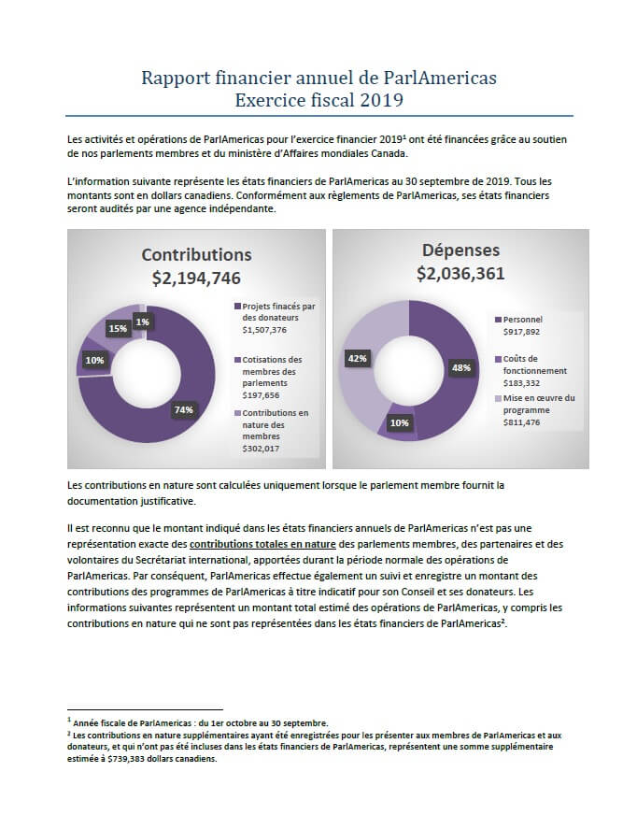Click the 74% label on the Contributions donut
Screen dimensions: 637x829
pyautogui.click(x=183, y=409)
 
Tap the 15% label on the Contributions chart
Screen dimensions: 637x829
pyautogui.click(x=118, y=328)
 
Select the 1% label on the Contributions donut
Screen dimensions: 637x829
pyautogui.click(x=142, y=322)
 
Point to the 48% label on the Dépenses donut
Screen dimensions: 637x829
pyautogui.click(x=460, y=367)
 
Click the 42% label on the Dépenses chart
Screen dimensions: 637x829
pyautogui.click(x=357, y=359)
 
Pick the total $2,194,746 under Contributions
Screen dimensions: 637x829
pyautogui.click(x=196, y=278)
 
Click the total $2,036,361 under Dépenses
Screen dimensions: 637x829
pyautogui.click(x=460, y=273)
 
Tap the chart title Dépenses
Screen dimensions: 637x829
pyautogui.click(x=460, y=250)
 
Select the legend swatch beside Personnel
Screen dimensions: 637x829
pyautogui.click(x=498, y=320)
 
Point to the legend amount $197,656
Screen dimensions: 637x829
pyautogui.click(x=261, y=395)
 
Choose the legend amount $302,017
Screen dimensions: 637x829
pyautogui.click(x=261, y=449)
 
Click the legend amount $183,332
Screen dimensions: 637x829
pyautogui.click(x=521, y=383)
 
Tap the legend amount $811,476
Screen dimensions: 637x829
pyautogui.click(x=521, y=422)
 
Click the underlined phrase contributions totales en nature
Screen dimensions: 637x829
pyautogui.click(x=262, y=544)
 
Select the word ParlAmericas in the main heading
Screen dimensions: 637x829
pyautogui.click(x=440, y=78)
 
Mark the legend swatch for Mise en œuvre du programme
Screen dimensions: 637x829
pyautogui.click(x=498, y=399)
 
